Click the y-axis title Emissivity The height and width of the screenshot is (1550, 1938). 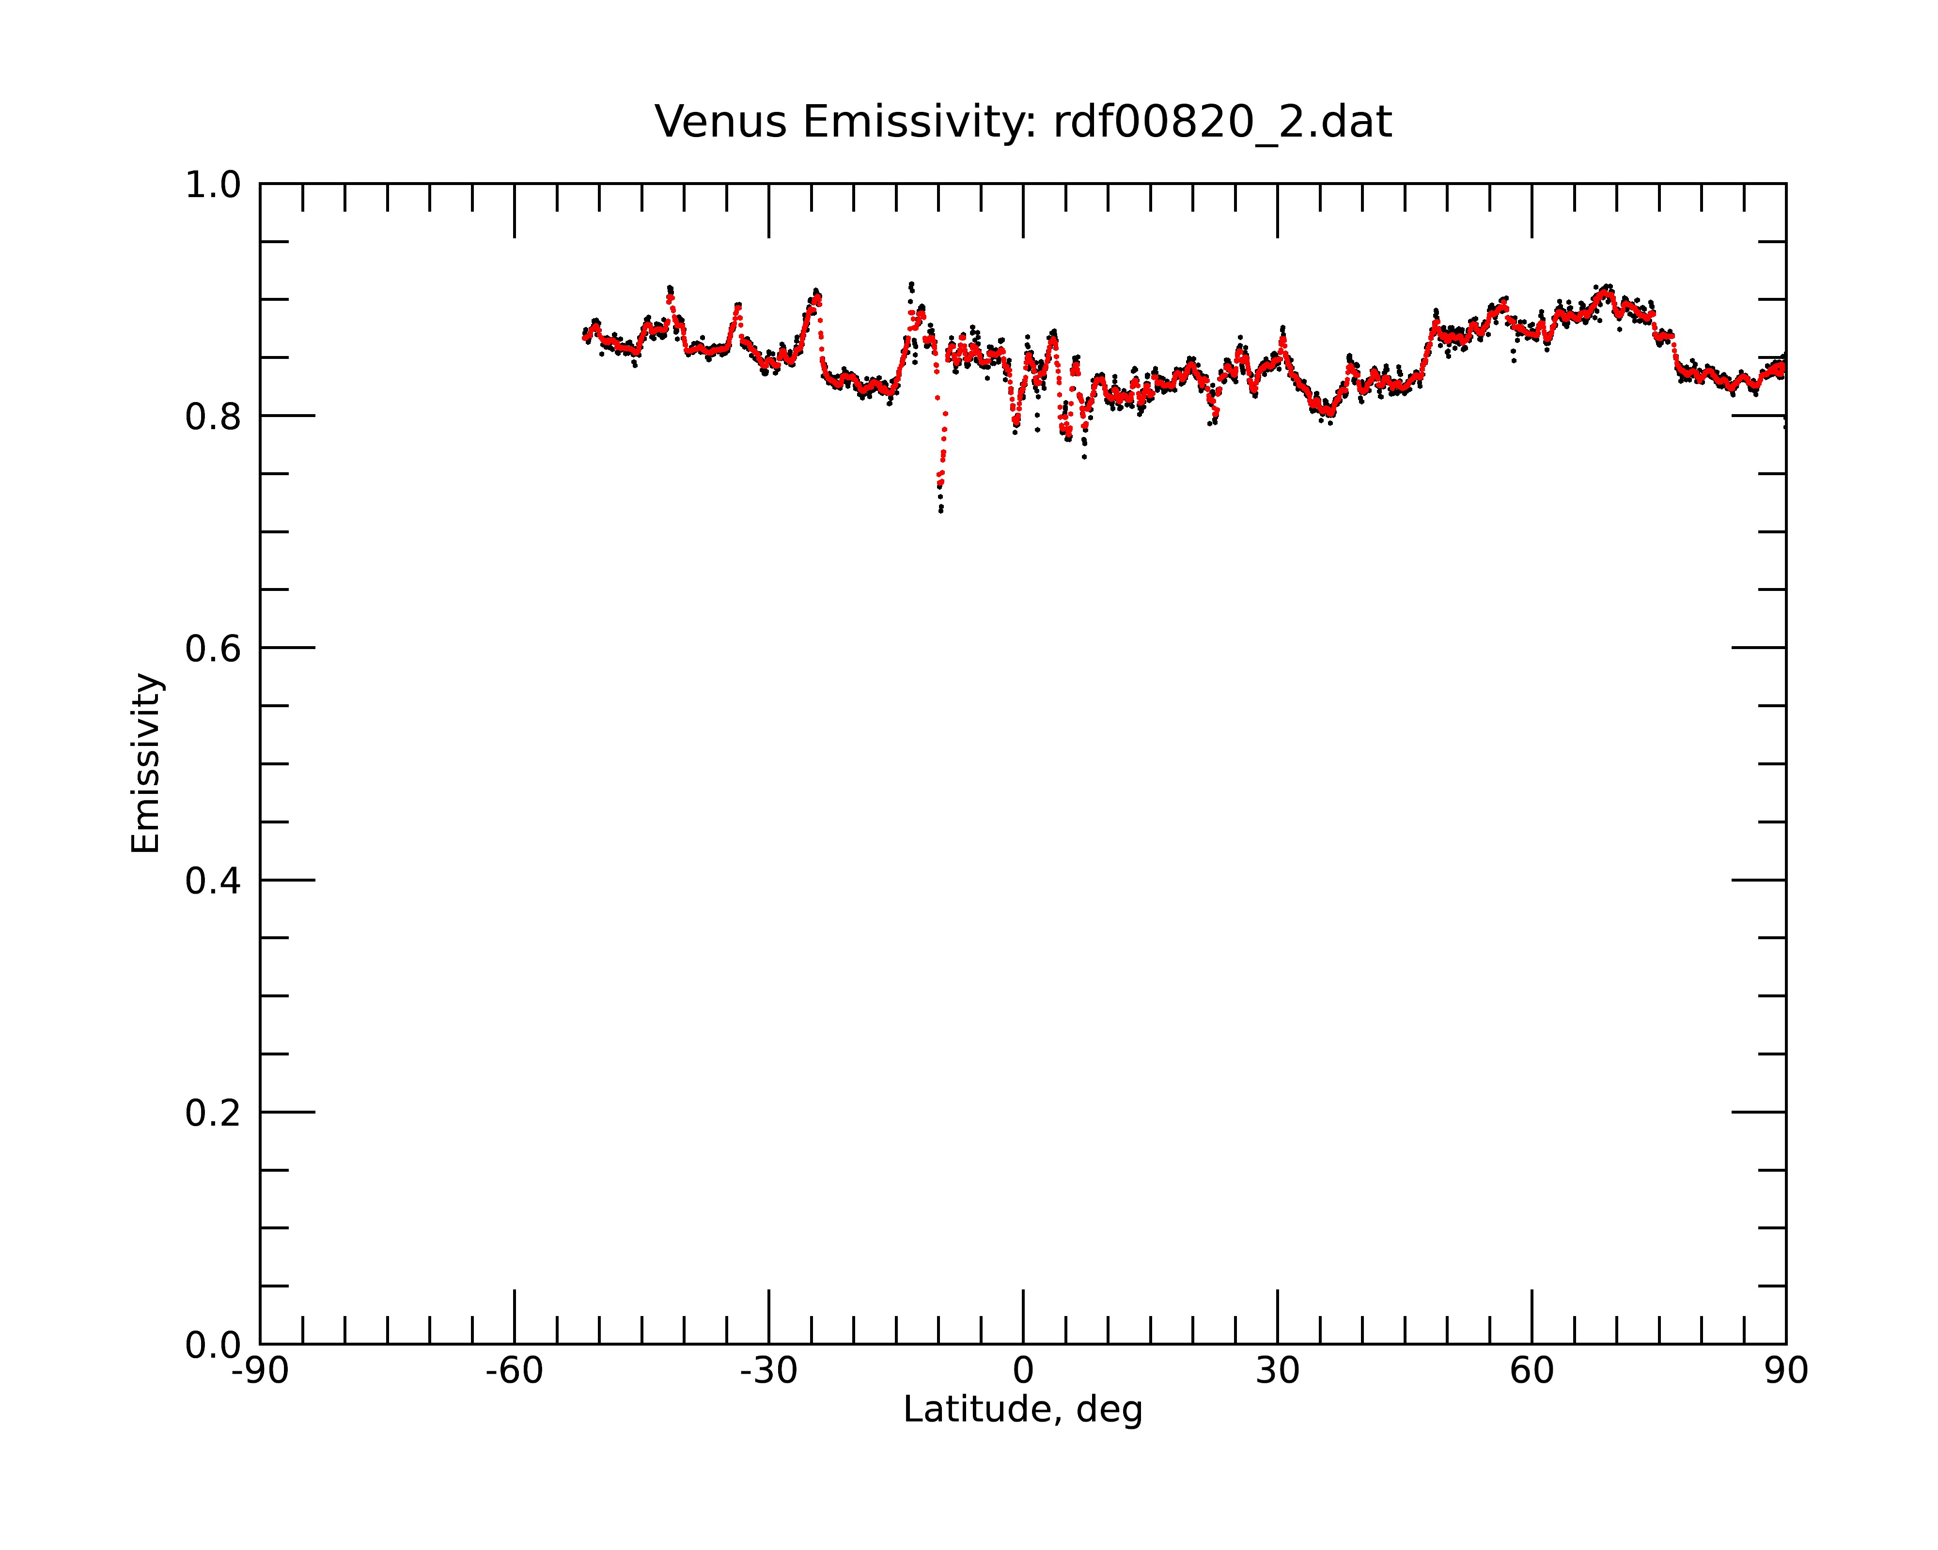pyautogui.click(x=146, y=764)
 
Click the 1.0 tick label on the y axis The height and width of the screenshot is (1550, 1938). pyautogui.click(x=213, y=186)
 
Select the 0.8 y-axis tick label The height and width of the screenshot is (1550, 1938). pyautogui.click(x=213, y=417)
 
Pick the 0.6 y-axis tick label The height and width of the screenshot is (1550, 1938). pyautogui.click(x=213, y=649)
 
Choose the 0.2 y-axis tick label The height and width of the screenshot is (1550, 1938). pyautogui.click(x=213, y=1113)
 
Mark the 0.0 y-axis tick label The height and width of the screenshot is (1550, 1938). pyautogui.click(x=213, y=1345)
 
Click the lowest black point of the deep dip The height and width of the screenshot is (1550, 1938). pyautogui.click(x=941, y=511)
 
